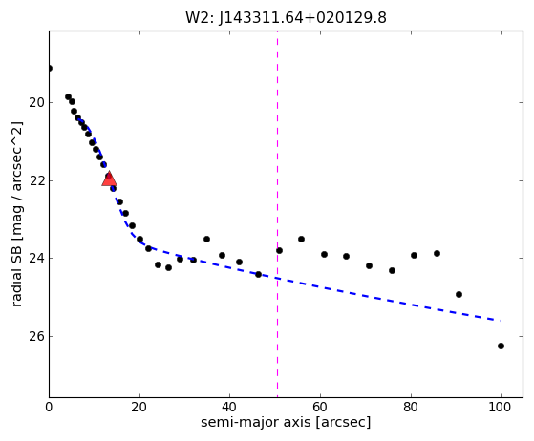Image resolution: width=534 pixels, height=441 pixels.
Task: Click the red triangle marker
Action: pyautogui.click(x=109, y=179)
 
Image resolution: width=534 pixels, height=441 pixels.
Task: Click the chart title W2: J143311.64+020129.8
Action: pyautogui.click(x=286, y=18)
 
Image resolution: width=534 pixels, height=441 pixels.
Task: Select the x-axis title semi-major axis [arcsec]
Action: pyautogui.click(x=286, y=422)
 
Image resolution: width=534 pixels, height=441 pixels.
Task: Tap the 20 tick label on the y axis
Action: pyautogui.click(x=36, y=102)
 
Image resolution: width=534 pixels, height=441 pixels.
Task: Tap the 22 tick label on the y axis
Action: pyautogui.click(x=36, y=180)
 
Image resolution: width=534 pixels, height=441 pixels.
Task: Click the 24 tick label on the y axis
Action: pyautogui.click(x=36, y=259)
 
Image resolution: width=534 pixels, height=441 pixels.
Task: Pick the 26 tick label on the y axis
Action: pyautogui.click(x=36, y=336)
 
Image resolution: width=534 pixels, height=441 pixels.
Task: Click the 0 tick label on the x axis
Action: pyautogui.click(x=49, y=407)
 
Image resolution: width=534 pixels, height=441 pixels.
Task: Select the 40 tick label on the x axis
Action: pyautogui.click(x=230, y=407)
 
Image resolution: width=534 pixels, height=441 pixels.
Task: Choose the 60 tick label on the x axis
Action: pyautogui.click(x=320, y=407)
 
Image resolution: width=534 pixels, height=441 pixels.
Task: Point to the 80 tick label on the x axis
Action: pyautogui.click(x=411, y=407)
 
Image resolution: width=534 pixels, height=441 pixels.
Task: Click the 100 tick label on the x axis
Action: pyautogui.click(x=501, y=407)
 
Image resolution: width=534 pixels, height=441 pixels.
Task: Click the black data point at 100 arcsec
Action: pyautogui.click(x=501, y=346)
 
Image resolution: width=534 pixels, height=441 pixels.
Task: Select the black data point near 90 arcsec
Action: pyautogui.click(x=459, y=294)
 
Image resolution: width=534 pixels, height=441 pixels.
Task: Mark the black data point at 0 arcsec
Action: pyautogui.click(x=50, y=69)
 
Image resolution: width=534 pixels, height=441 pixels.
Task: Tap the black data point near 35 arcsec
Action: pyautogui.click(x=206, y=240)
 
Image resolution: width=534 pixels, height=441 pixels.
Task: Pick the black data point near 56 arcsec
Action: pyautogui.click(x=301, y=240)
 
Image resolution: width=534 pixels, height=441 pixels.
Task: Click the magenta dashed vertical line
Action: pyautogui.click(x=278, y=214)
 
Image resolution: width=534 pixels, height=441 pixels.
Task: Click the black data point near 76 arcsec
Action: pyautogui.click(x=392, y=270)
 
